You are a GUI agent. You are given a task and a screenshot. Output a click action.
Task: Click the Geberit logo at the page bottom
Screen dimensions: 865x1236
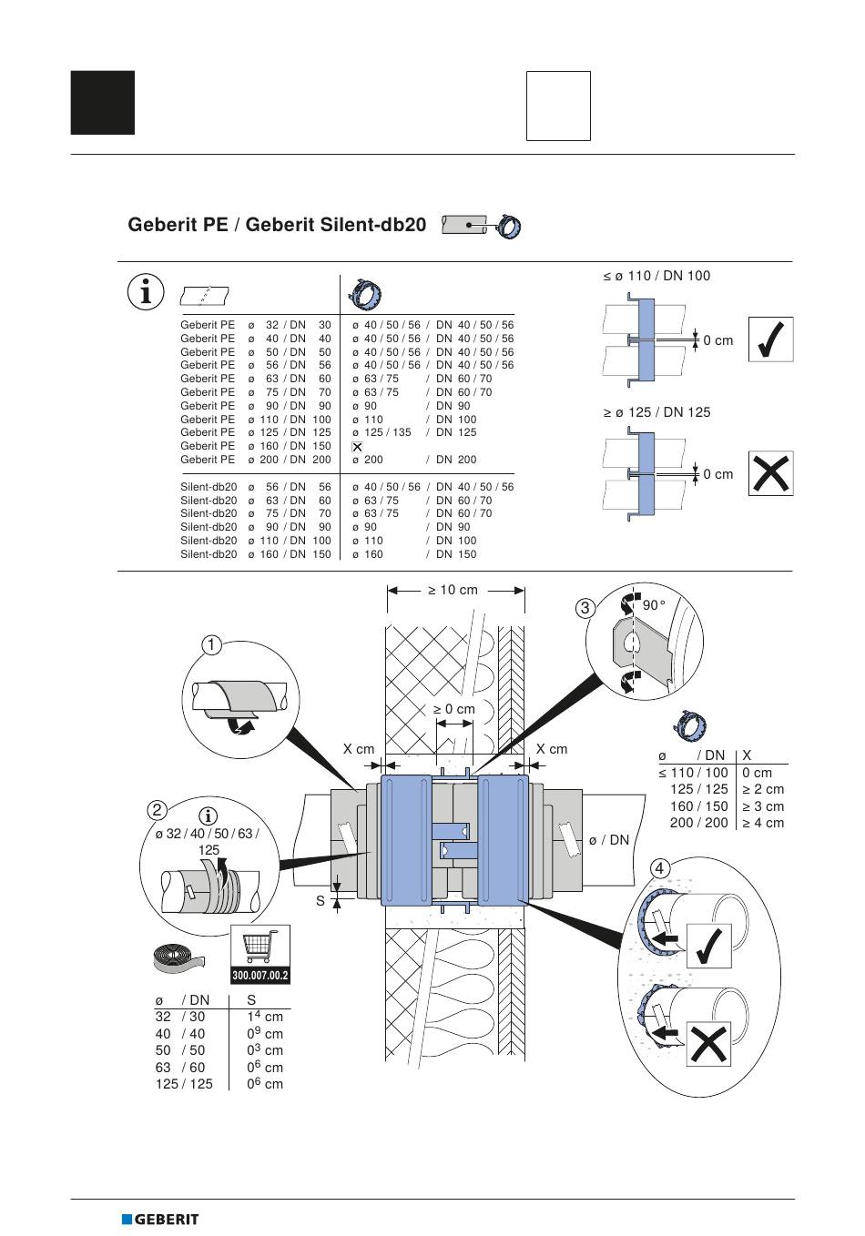tap(160, 1219)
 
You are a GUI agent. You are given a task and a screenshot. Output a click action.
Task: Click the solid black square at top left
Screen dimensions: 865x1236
tap(103, 103)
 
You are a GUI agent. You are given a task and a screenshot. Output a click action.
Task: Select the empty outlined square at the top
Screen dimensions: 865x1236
tap(558, 106)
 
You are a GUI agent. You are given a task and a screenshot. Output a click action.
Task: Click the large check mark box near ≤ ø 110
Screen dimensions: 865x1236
tap(770, 339)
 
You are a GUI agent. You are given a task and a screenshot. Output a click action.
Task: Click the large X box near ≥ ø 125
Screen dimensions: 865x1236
tap(770, 473)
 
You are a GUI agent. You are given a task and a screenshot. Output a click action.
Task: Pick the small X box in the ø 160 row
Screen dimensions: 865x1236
tap(357, 447)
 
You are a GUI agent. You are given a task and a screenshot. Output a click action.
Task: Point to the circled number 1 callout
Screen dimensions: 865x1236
tap(211, 644)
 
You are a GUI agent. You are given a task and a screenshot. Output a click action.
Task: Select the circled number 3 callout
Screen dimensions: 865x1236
tap(585, 608)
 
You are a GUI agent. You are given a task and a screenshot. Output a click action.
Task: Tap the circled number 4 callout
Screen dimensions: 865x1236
tap(659, 868)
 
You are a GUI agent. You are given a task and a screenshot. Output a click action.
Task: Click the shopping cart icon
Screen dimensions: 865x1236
tap(260, 946)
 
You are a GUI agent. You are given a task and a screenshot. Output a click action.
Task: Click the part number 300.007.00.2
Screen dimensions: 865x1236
tap(260, 975)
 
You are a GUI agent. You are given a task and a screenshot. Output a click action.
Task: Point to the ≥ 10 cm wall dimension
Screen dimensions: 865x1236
tap(453, 590)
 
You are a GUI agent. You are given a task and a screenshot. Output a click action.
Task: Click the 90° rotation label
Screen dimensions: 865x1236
tap(654, 605)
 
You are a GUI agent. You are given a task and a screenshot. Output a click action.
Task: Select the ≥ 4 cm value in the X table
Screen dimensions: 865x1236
tap(763, 823)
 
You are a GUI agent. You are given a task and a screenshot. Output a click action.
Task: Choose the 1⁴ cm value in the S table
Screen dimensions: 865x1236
tap(265, 1016)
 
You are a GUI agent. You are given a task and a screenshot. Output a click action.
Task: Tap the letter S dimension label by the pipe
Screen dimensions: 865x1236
tap(321, 901)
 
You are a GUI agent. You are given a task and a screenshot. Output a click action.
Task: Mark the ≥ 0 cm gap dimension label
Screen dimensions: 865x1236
tap(453, 709)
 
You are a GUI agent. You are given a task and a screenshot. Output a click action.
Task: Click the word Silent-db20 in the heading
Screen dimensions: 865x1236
tap(336, 225)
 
